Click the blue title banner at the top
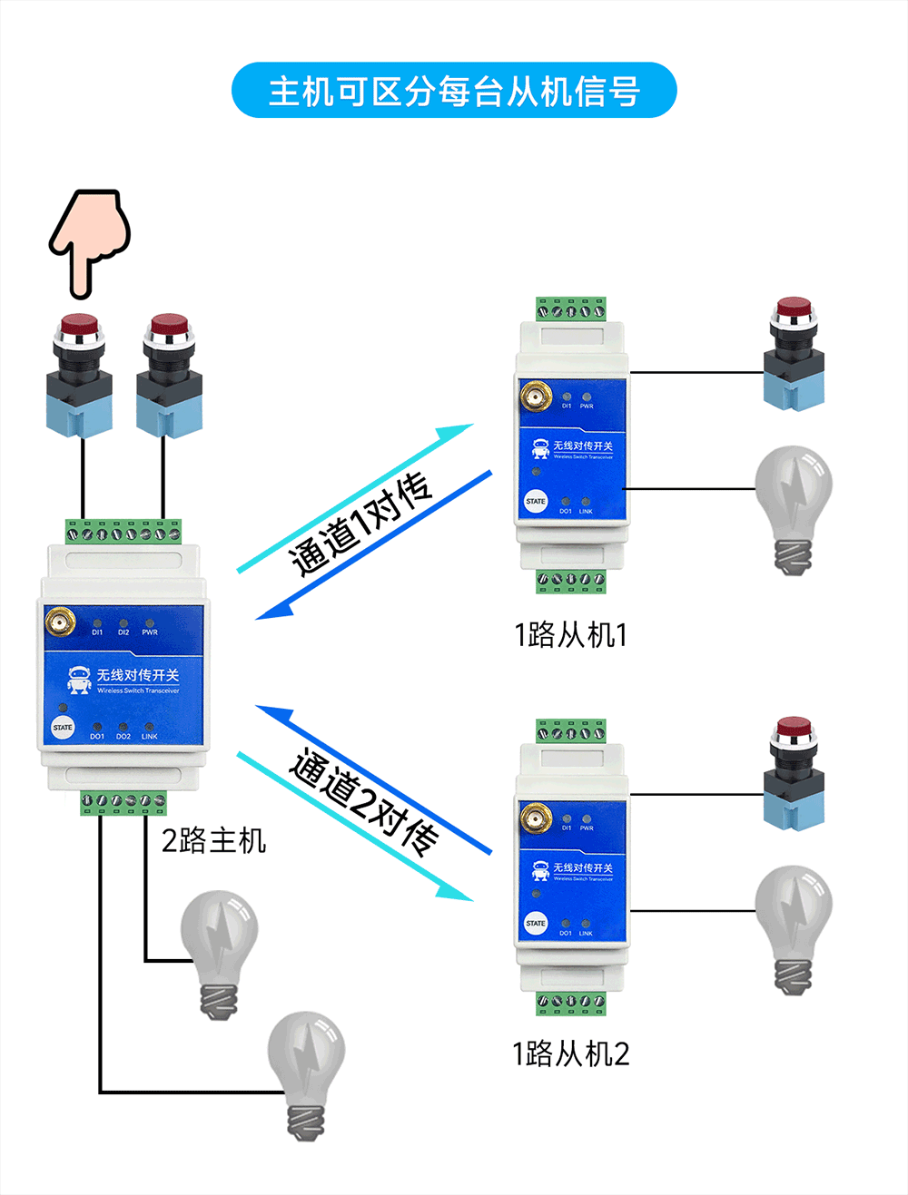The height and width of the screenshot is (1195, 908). point(454,91)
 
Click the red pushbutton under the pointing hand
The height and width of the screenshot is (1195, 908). point(79,374)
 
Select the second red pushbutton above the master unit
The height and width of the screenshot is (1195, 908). point(169,374)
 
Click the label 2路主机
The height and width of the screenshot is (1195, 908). point(213,840)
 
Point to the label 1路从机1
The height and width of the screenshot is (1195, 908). point(570,634)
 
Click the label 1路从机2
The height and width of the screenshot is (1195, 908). point(570,1053)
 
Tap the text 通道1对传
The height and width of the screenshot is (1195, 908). point(360,524)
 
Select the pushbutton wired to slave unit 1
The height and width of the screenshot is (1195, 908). point(794,353)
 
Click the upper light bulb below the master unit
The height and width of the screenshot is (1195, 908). point(219,952)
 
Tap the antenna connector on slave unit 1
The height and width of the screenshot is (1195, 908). point(536,397)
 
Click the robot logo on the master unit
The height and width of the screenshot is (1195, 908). point(79,680)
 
